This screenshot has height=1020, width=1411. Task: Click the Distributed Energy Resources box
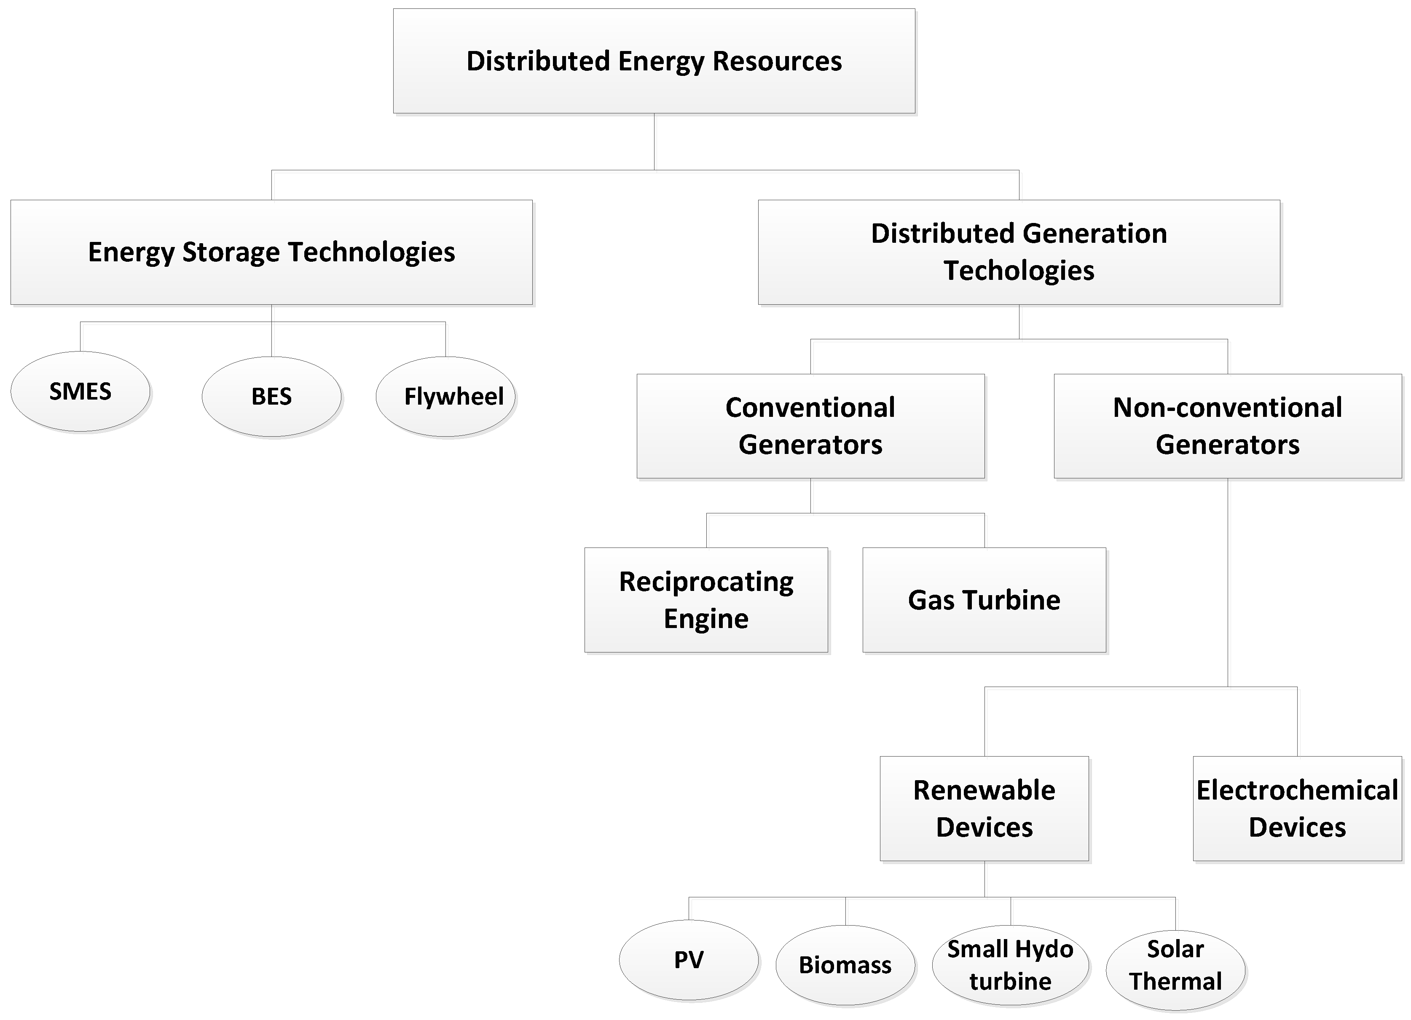pos(654,61)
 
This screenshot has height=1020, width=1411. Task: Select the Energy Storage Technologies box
pos(271,252)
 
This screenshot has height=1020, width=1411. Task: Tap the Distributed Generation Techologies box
pos(1019,252)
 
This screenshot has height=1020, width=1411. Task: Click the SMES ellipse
pos(80,392)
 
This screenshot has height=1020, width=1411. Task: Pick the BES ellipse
pos(271,397)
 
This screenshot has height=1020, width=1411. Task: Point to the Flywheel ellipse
pos(445,397)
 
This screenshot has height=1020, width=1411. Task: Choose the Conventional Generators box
pos(810,426)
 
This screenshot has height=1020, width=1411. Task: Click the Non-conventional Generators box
pos(1228,426)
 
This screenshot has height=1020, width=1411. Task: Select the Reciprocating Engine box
pos(706,600)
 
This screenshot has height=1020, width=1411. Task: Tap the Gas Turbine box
pos(984,600)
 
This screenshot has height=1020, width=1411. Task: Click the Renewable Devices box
pos(984,808)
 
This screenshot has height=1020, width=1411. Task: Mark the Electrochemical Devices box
pos(1297,808)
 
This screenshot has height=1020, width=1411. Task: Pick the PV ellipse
pos(689,960)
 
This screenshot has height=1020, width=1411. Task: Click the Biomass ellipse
pos(845,965)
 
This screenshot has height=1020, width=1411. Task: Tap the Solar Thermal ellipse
pos(1175,969)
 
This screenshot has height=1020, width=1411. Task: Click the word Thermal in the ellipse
pos(1175,981)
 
